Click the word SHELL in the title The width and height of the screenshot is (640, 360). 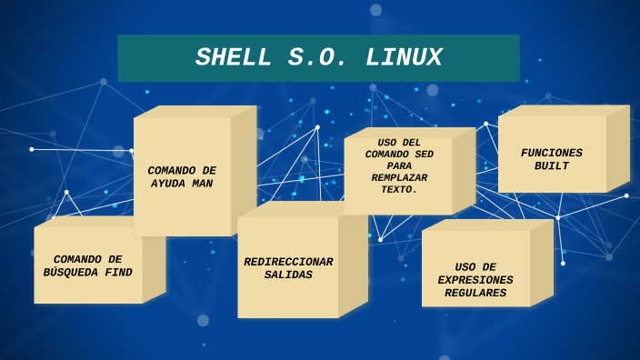click(234, 58)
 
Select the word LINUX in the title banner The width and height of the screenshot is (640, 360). click(404, 58)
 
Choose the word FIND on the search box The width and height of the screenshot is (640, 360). click(117, 273)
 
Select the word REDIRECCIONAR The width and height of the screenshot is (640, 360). click(288, 262)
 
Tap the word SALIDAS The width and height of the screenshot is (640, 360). click(288, 275)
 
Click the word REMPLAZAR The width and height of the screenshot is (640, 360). click(399, 178)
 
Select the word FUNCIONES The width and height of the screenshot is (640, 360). click(552, 153)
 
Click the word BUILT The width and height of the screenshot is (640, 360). click(552, 166)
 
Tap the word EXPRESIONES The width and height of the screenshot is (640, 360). click(475, 280)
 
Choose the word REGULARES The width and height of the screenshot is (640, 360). click(475, 293)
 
